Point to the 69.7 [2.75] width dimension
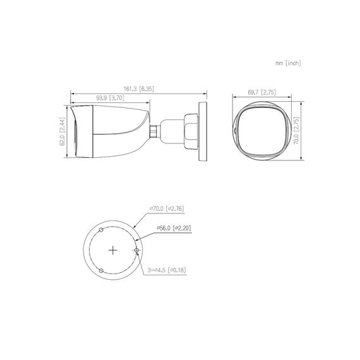pyautogui.click(x=261, y=92)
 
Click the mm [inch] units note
pyautogui.click(x=287, y=63)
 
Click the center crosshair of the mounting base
pyautogui.click(x=112, y=251)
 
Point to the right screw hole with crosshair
pyautogui.click(x=136, y=251)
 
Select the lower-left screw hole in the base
pyautogui.click(x=101, y=271)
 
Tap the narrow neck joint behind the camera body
pyautogui.click(x=153, y=131)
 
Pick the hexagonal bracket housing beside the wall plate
pyautogui.click(x=189, y=130)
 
